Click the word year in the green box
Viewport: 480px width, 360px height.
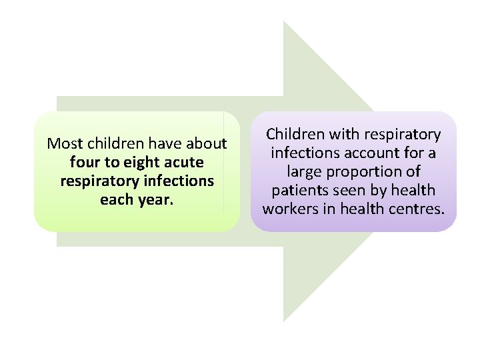pyautogui.click(x=156, y=199)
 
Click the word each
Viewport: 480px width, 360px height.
pyautogui.click(x=117, y=199)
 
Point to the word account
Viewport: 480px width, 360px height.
pyautogui.click(x=377, y=153)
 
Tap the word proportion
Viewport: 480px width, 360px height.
pyautogui.click(x=370, y=171)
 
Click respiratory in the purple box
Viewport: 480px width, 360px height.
pyautogui.click(x=404, y=135)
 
